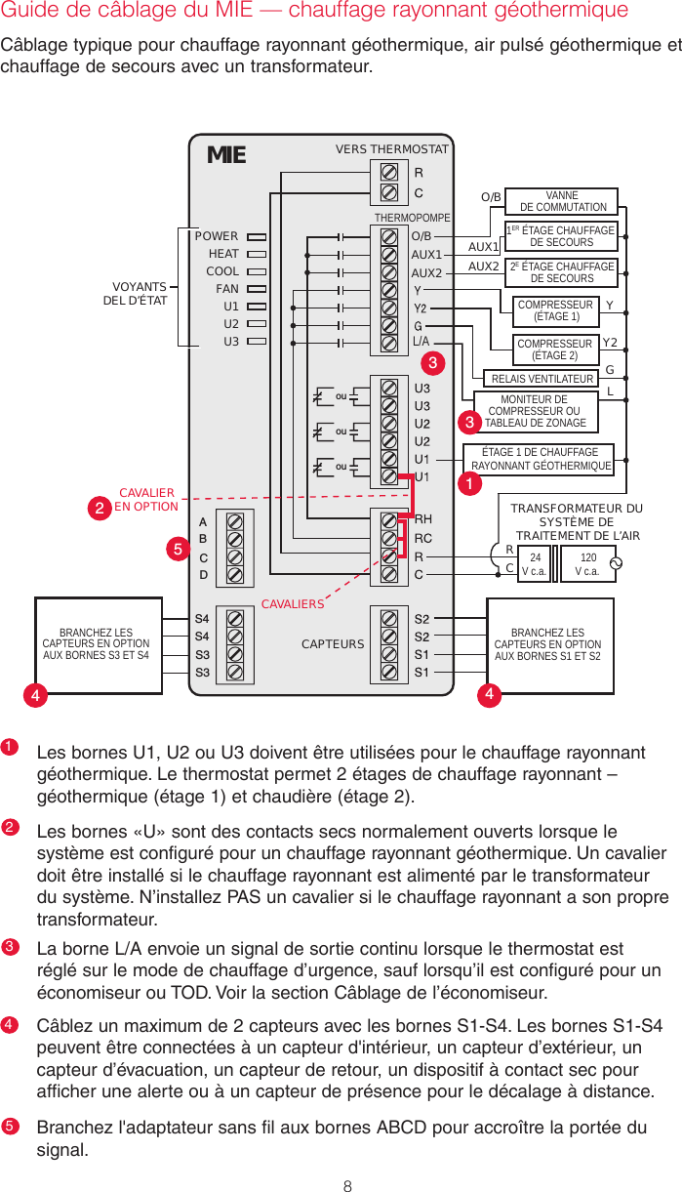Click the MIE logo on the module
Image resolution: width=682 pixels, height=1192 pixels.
pos(226,155)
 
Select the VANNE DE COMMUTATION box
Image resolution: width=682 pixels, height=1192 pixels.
pos(562,201)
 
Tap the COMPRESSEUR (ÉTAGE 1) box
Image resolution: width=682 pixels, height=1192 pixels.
pos(555,311)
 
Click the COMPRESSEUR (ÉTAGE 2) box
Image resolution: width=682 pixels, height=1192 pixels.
pos(554,349)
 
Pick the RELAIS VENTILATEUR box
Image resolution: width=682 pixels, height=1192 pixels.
pos(542,379)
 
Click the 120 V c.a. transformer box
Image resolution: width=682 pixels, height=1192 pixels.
pos(587,564)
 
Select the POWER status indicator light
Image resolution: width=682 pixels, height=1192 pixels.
pos(257,236)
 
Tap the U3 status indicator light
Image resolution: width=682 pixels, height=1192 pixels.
pos(257,342)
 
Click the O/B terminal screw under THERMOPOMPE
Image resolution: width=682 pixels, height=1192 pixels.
pos(389,236)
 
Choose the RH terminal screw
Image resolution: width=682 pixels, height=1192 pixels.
pos(389,520)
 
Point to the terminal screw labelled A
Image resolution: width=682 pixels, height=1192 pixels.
pos(234,521)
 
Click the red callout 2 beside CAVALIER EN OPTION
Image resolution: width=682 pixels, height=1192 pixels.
pos(100,508)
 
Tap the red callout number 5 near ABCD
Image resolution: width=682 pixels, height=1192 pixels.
pos(178,551)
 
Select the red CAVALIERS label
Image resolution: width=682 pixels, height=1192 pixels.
pos(292,604)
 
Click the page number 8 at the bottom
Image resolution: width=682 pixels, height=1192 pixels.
pos(346,1160)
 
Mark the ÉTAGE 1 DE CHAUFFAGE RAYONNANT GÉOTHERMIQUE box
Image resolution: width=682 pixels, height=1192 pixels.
pos(542,459)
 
